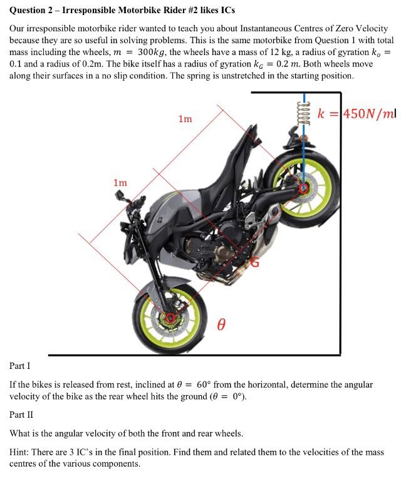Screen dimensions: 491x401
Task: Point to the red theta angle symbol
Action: (221, 324)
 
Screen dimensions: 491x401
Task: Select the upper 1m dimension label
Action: (185, 118)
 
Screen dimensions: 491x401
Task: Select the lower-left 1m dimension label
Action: (120, 183)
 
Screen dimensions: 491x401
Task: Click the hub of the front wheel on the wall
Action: (304, 187)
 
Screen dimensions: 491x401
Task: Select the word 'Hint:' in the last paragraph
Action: (21, 452)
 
